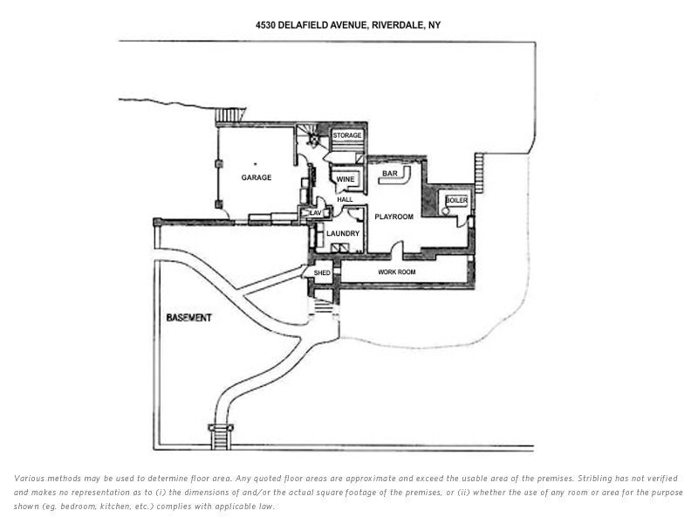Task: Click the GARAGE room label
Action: point(256,177)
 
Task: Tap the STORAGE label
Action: point(346,135)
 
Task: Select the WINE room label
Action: point(345,179)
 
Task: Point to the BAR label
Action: point(389,174)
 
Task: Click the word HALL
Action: point(345,200)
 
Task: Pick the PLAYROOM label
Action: point(393,217)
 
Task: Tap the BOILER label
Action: point(456,201)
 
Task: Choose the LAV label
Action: point(316,212)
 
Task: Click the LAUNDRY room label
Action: point(343,233)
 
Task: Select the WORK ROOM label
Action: point(397,272)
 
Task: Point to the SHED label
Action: point(322,273)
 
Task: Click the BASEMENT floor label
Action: point(188,318)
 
